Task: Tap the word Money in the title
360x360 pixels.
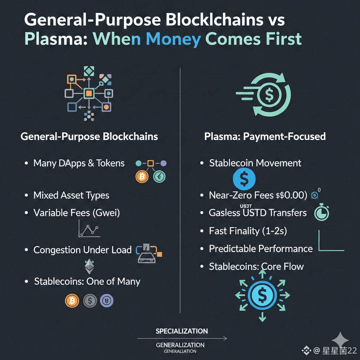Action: pos(173,39)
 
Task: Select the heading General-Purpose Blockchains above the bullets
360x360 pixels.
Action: pos(89,136)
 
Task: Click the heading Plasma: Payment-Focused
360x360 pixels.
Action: pos(265,136)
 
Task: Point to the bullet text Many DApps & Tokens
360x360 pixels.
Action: pos(79,163)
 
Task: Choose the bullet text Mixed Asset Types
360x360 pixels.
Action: pos(71,195)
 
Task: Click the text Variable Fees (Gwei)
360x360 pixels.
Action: pos(76,213)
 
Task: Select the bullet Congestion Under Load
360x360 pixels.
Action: pos(82,250)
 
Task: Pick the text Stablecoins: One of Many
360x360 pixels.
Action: pos(87,282)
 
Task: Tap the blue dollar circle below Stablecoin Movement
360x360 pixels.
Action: pos(244,179)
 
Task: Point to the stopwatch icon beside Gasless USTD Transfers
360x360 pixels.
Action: pos(321,213)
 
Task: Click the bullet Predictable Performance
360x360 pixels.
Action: pos(261,249)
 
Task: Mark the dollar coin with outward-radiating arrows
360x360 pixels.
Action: pos(262,295)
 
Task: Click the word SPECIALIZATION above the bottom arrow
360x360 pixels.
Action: pos(181,331)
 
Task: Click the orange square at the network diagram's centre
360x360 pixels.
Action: pos(89,93)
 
